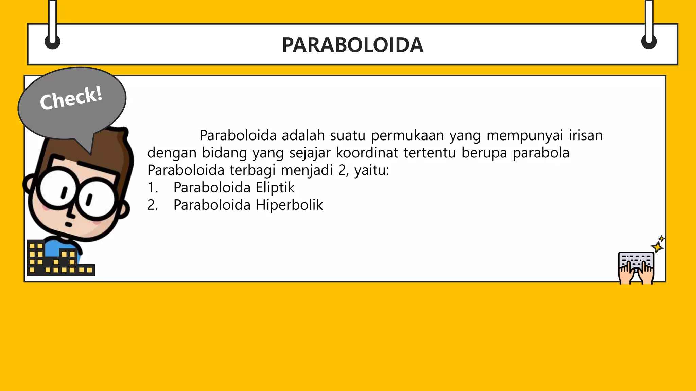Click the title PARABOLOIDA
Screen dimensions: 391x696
click(x=352, y=45)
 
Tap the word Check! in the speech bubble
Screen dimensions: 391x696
click(x=71, y=98)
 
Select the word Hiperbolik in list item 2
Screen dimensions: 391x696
click(x=289, y=205)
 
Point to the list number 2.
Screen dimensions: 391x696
click(x=153, y=205)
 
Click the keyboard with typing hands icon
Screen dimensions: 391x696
click(x=636, y=268)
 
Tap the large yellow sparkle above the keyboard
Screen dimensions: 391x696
click(x=657, y=247)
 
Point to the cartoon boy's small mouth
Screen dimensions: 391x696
click(x=68, y=224)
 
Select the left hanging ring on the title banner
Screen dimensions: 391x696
click(x=53, y=42)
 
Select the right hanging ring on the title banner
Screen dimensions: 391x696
click(x=649, y=42)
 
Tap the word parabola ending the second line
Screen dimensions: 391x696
click(x=541, y=153)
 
